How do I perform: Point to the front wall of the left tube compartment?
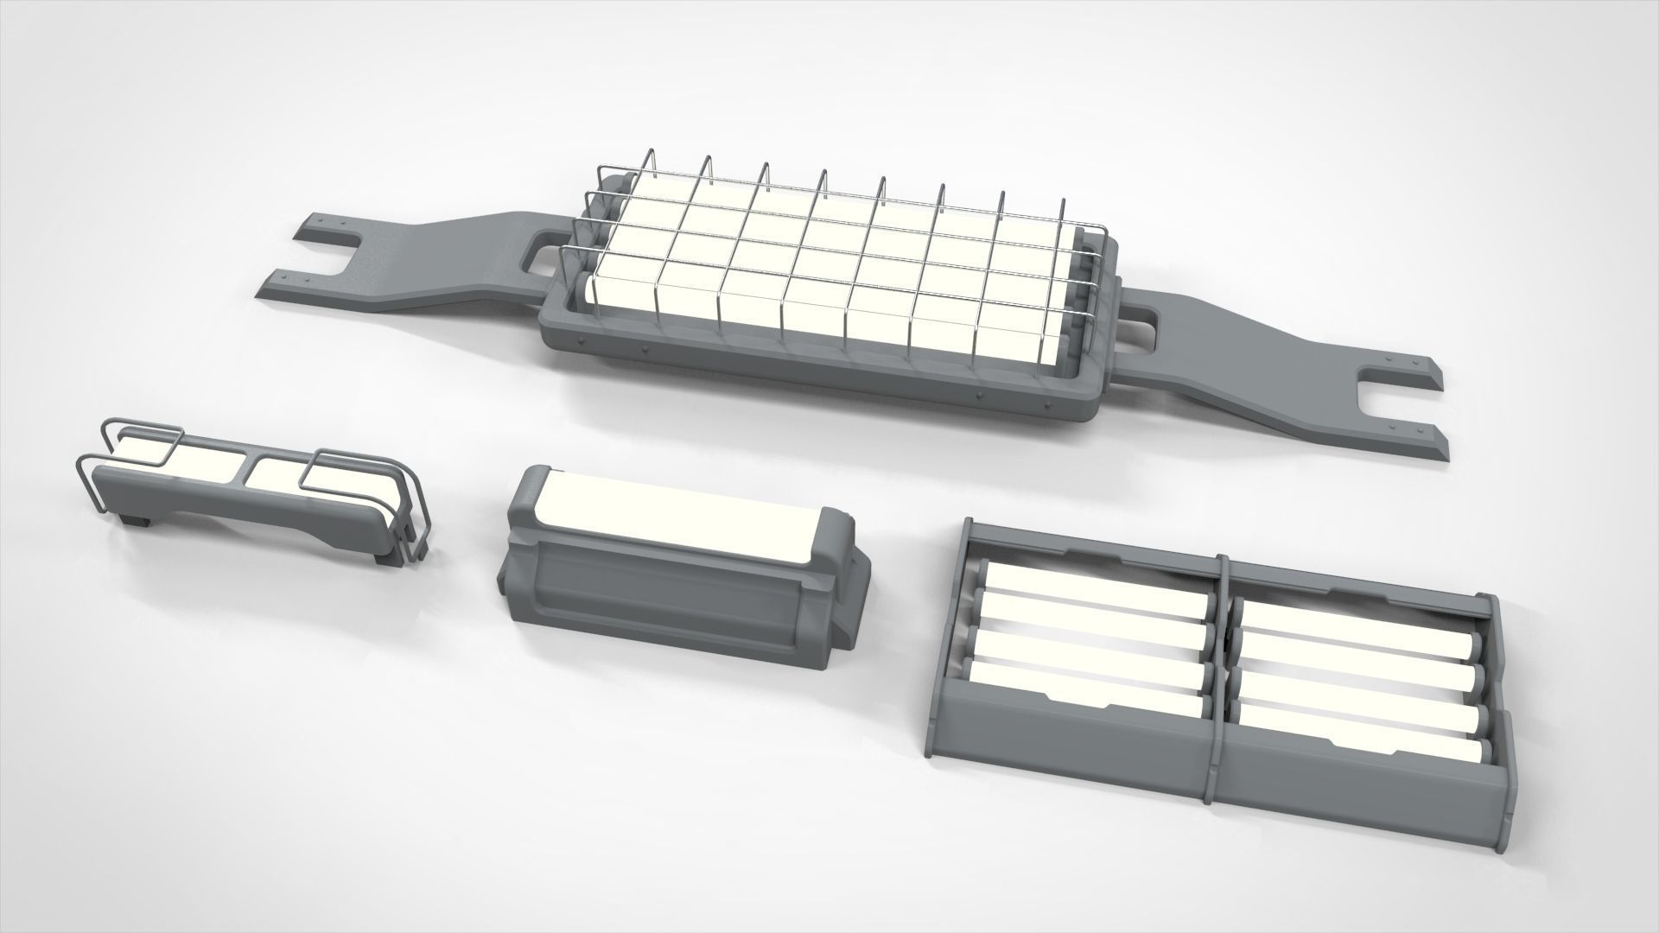(x=1071, y=734)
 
